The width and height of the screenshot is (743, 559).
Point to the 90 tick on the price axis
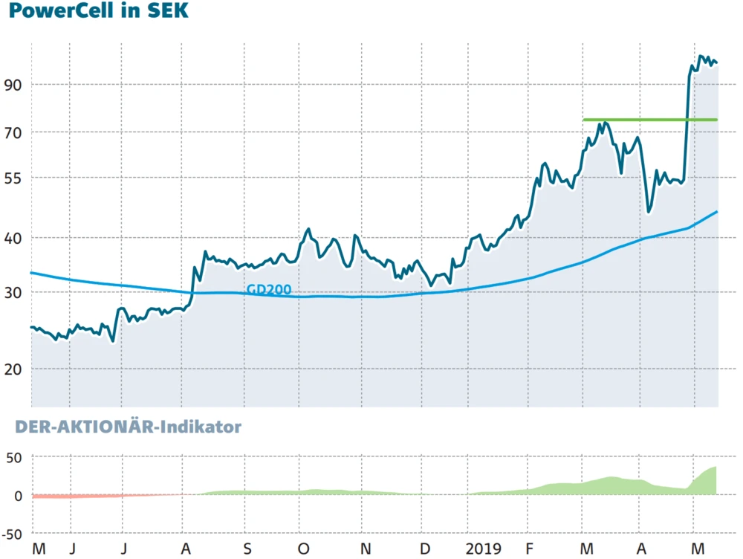pos(13,84)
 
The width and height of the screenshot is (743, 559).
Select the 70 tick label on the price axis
pos(13,133)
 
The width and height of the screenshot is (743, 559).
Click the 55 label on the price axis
pos(13,178)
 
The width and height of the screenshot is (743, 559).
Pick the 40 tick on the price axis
pos(13,238)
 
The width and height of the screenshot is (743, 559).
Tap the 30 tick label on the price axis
pos(13,292)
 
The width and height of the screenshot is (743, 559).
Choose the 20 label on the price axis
pos(13,369)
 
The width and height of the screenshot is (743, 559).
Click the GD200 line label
pos(268,290)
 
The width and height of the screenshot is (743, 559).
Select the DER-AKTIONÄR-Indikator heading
pos(121,427)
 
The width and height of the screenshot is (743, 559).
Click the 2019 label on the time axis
pos(484,549)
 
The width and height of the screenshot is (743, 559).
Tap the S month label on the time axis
pos(247,549)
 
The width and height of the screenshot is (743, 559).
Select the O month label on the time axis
pos(303,549)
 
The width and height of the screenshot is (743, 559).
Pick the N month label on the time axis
pos(365,549)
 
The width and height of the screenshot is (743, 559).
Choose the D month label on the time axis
pos(424,549)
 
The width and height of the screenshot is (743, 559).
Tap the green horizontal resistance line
pos(650,120)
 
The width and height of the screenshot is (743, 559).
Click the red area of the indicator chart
pos(74,496)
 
